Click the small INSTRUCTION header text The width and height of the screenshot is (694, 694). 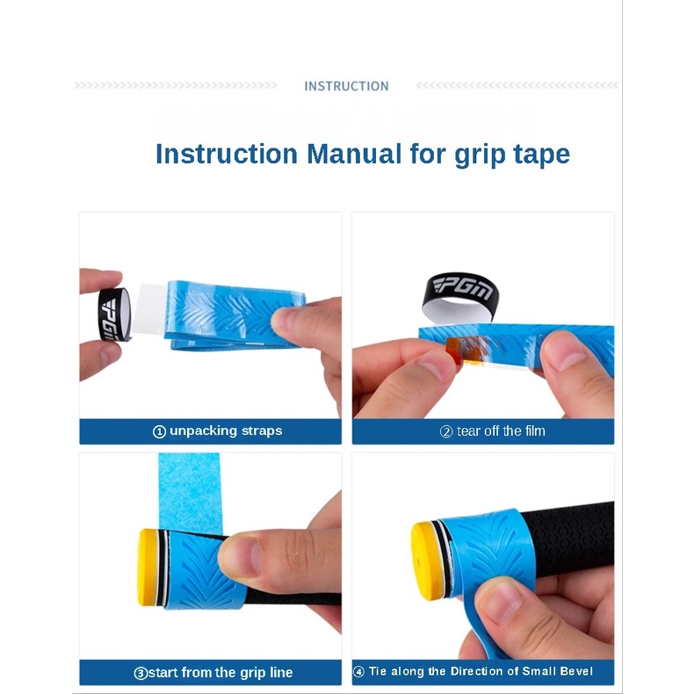346,86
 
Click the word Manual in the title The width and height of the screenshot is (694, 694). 354,154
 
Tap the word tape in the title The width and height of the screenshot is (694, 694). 541,155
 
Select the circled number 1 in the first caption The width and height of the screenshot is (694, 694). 159,431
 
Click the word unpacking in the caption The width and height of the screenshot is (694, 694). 204,431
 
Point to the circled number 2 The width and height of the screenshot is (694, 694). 446,431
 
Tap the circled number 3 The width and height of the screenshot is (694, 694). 141,673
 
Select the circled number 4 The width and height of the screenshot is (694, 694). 358,672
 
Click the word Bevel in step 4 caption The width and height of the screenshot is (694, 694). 575,671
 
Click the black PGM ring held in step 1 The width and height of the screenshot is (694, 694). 113,314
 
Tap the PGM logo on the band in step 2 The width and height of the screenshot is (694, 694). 462,287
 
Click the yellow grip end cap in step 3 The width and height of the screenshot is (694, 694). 147,567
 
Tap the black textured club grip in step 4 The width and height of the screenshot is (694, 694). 571,539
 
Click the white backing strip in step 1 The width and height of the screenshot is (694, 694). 149,310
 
